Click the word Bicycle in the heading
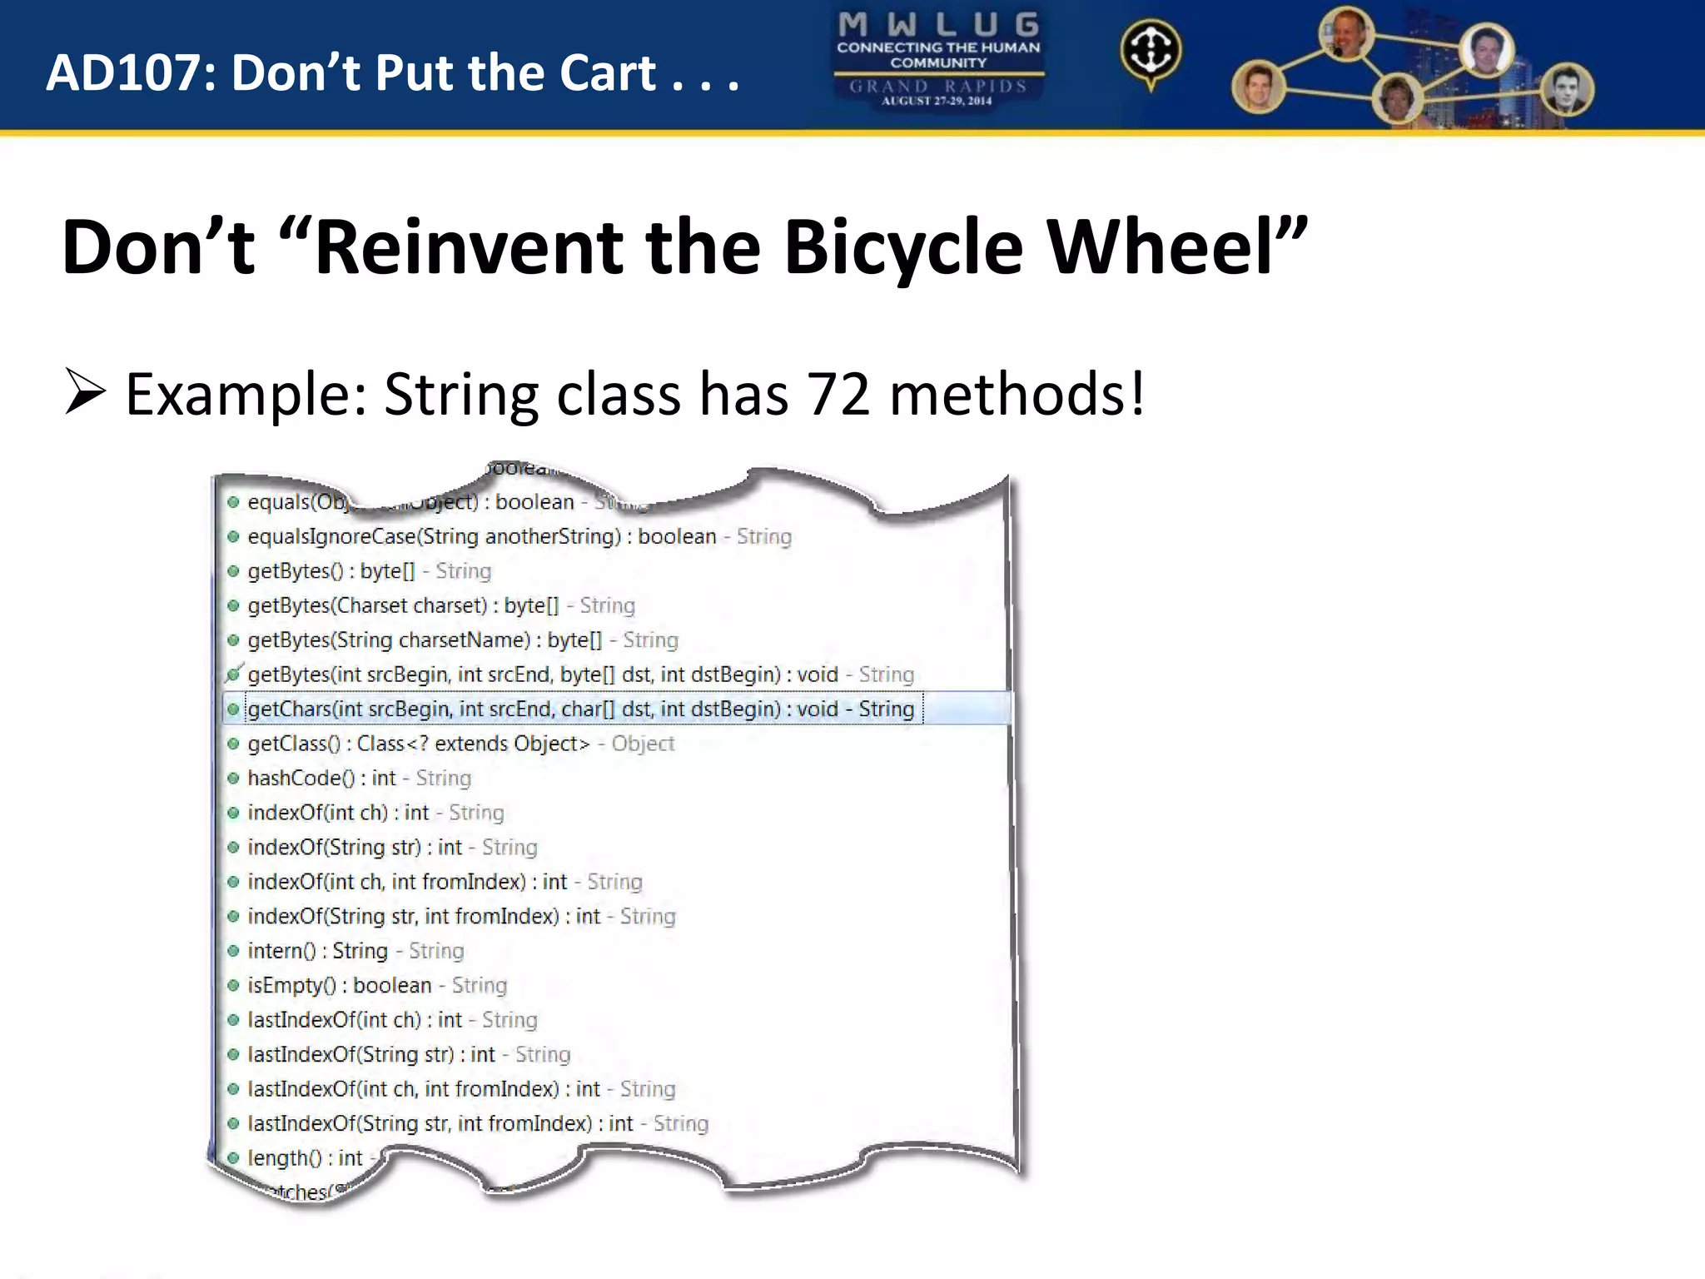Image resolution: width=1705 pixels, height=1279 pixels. pos(902,247)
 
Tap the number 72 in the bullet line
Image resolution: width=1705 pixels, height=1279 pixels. pos(838,394)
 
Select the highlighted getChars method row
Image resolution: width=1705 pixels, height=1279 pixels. pos(580,709)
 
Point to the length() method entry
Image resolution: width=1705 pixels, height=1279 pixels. pos(305,1157)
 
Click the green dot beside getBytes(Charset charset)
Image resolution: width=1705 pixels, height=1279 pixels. pos(233,605)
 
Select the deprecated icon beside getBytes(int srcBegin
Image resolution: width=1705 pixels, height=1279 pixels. pos(234,674)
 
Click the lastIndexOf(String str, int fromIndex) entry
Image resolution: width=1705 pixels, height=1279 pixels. pos(478,1123)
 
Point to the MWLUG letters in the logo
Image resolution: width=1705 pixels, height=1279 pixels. pos(938,24)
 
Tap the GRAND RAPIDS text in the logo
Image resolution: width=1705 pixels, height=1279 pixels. pos(938,86)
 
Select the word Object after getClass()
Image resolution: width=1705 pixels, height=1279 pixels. pos(643,744)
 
